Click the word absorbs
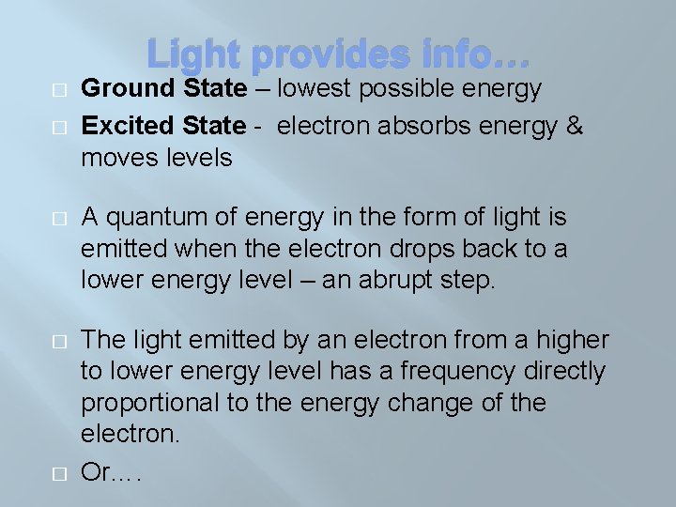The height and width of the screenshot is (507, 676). (x=402, y=125)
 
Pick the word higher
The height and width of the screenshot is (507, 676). (x=564, y=340)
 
